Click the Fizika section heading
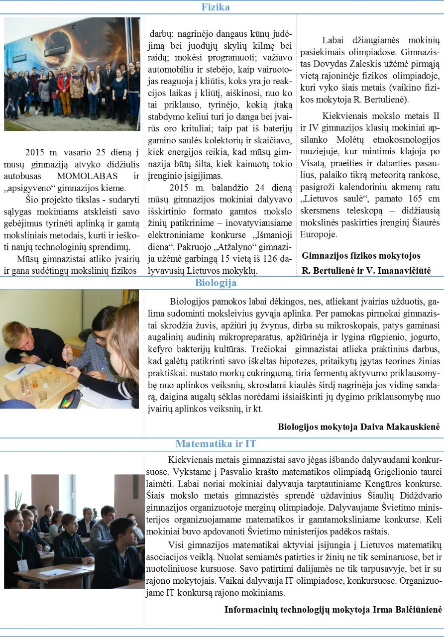[216, 7]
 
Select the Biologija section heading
[216, 283]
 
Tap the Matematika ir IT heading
[216, 443]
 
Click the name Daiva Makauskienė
[398, 426]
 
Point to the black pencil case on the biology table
[70, 399]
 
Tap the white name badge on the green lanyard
[22, 565]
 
